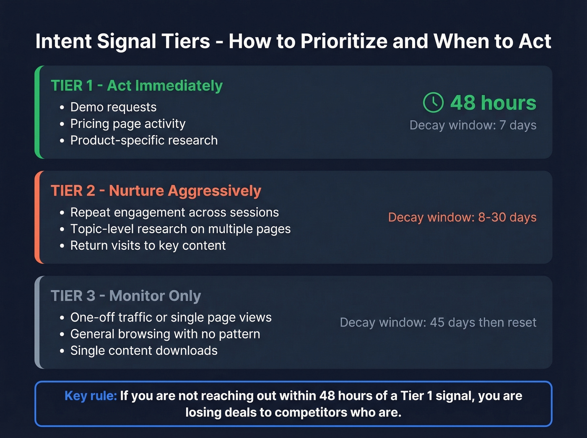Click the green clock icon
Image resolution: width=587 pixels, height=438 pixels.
tap(433, 103)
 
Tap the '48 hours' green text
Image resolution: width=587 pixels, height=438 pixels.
tap(493, 103)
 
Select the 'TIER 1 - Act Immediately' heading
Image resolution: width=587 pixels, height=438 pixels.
tap(137, 86)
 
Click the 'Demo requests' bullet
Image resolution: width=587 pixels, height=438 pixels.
tap(113, 107)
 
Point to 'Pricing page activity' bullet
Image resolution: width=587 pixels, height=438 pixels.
tap(127, 124)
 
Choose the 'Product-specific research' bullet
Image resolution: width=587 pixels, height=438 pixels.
tap(144, 140)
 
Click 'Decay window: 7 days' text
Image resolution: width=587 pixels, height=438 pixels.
tap(473, 125)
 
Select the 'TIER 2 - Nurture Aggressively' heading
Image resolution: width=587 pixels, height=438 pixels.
tap(156, 191)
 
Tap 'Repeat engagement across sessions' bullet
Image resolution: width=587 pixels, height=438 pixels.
tap(174, 213)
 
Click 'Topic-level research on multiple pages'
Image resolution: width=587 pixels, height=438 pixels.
tap(180, 229)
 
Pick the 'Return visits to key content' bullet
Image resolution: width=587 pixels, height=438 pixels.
tap(148, 246)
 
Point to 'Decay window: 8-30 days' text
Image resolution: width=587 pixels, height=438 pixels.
tap(462, 218)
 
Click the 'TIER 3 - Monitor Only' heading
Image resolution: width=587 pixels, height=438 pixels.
tap(126, 296)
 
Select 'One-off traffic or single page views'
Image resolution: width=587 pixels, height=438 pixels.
tap(171, 318)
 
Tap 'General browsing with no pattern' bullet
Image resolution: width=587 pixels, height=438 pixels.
tap(165, 334)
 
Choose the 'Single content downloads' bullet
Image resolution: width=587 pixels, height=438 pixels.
tap(144, 351)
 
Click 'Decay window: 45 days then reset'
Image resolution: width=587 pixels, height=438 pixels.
tap(438, 323)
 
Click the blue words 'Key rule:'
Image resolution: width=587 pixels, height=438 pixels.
tap(91, 396)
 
